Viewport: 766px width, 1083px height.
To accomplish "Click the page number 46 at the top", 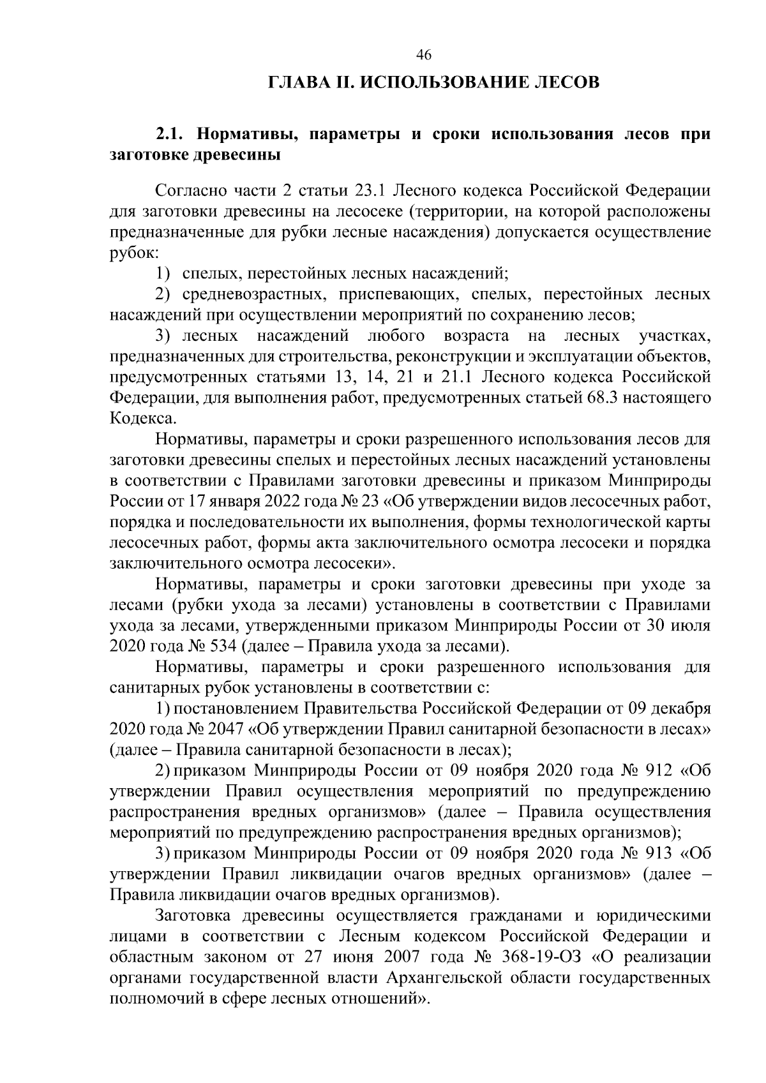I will (x=424, y=56).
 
